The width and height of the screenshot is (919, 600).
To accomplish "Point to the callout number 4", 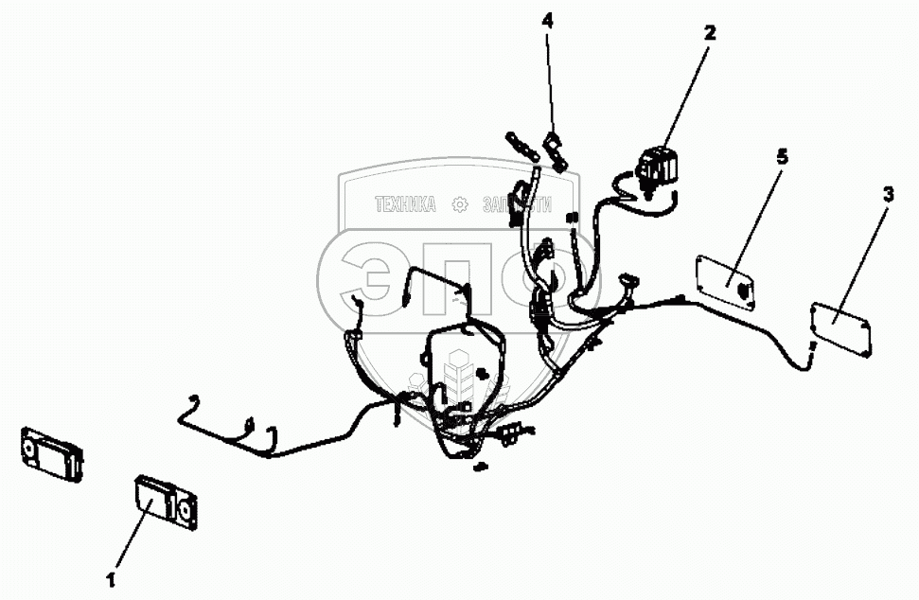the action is pos(548,19).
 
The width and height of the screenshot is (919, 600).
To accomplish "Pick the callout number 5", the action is pos(781,156).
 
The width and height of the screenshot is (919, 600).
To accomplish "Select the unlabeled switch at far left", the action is pos(52,451).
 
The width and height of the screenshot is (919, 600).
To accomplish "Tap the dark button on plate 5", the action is pos(744,288).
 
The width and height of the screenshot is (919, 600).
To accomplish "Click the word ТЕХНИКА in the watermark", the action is pos(405,204).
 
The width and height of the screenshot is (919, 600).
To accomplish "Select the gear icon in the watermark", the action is pos(459,204).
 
